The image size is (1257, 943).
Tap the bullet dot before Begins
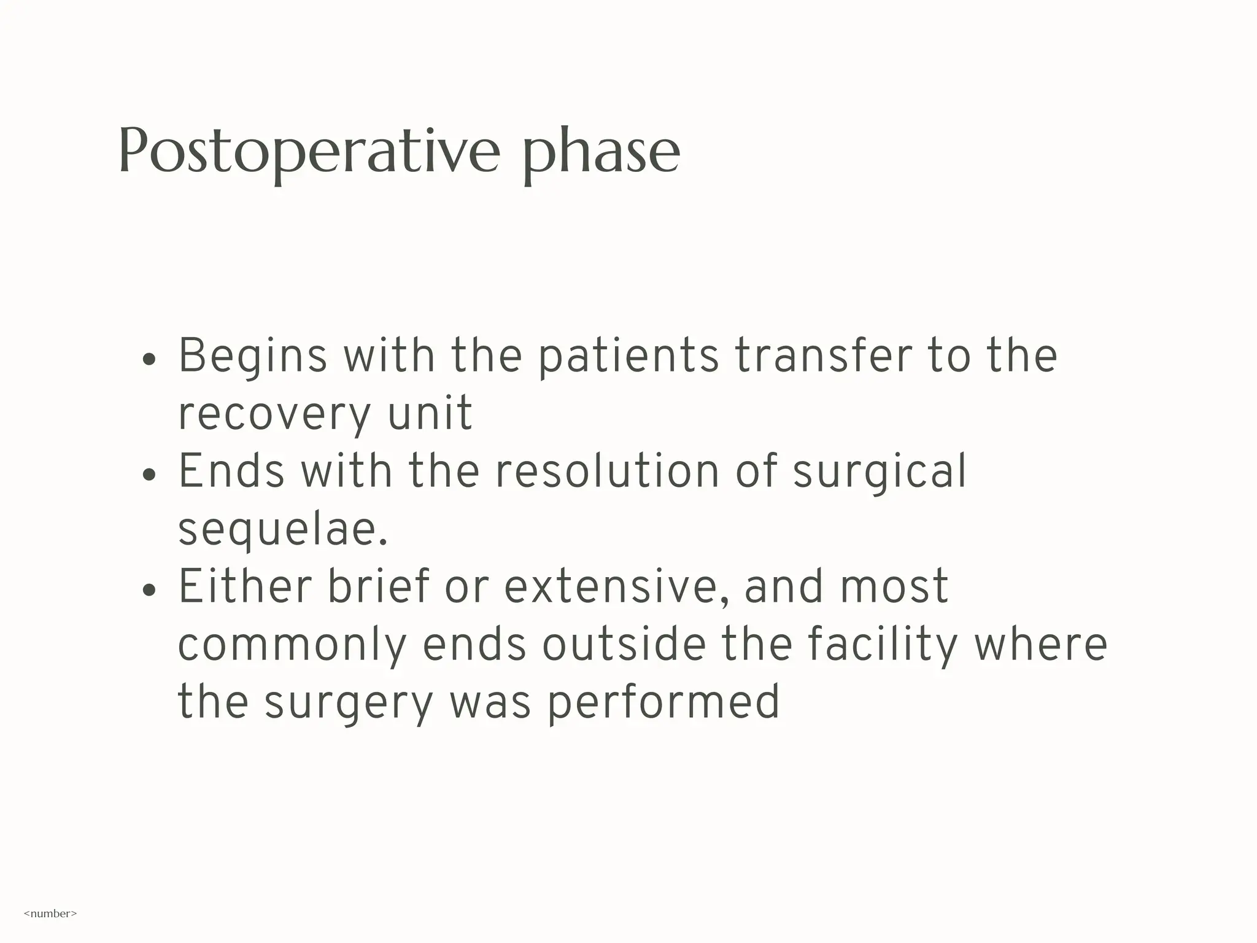click(x=149, y=359)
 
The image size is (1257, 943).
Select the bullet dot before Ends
click(x=149, y=474)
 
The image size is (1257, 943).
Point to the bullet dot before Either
click(x=149, y=589)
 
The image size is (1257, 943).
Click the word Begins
click(x=252, y=356)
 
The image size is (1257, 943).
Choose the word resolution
click(x=606, y=471)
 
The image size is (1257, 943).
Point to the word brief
click(x=377, y=586)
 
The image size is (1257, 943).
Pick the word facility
click(x=882, y=645)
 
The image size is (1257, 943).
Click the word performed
click(x=663, y=702)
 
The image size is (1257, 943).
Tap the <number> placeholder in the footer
click(x=50, y=914)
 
